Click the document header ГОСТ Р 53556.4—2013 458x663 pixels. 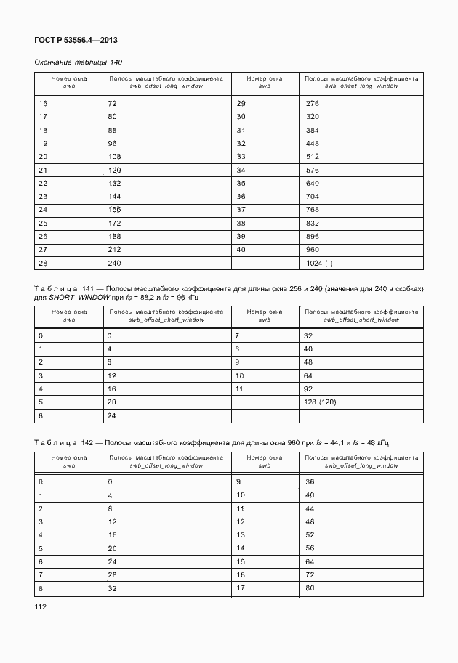pos(76,41)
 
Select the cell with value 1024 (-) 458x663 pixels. pos(320,263)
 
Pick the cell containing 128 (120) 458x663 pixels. pos(321,402)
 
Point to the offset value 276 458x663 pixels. pos(313,103)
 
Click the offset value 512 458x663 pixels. pos(313,156)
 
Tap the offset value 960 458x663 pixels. pos(313,249)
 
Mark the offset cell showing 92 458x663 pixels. pos(308,389)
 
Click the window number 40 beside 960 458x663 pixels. pos(241,249)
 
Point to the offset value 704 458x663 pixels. pos(313,196)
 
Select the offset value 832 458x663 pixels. pos(313,223)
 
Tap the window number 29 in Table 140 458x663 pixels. pos(241,103)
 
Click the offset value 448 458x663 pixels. pos(313,143)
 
